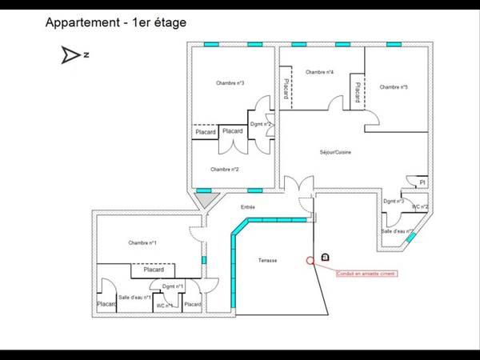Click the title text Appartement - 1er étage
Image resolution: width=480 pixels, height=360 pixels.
pyautogui.click(x=117, y=22)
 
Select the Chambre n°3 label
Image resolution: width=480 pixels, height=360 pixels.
pyautogui.click(x=230, y=83)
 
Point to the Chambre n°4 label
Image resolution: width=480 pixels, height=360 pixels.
pyautogui.click(x=319, y=72)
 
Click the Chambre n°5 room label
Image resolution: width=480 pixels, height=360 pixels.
pyautogui.click(x=394, y=86)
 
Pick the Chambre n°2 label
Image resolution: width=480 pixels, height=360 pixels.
pyautogui.click(x=225, y=170)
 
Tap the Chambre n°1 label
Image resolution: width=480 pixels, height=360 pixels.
pyautogui.click(x=142, y=242)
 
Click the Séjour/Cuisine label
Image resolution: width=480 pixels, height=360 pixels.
pyautogui.click(x=336, y=152)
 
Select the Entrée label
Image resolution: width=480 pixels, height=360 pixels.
pyautogui.click(x=248, y=207)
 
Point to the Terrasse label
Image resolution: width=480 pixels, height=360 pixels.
pyautogui.click(x=268, y=261)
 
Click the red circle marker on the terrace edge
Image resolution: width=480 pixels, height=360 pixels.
pyautogui.click(x=310, y=260)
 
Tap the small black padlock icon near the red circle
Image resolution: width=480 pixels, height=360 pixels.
pyautogui.click(x=325, y=256)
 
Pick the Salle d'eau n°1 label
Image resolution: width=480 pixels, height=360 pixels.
pyautogui.click(x=134, y=297)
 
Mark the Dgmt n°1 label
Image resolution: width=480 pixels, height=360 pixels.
pyautogui.click(x=173, y=286)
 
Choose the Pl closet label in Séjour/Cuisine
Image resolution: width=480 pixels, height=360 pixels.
pyautogui.click(x=422, y=182)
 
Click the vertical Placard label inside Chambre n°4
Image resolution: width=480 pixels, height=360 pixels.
pyautogui.click(x=286, y=89)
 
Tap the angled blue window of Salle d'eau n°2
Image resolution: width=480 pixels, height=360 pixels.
pyautogui.click(x=410, y=234)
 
